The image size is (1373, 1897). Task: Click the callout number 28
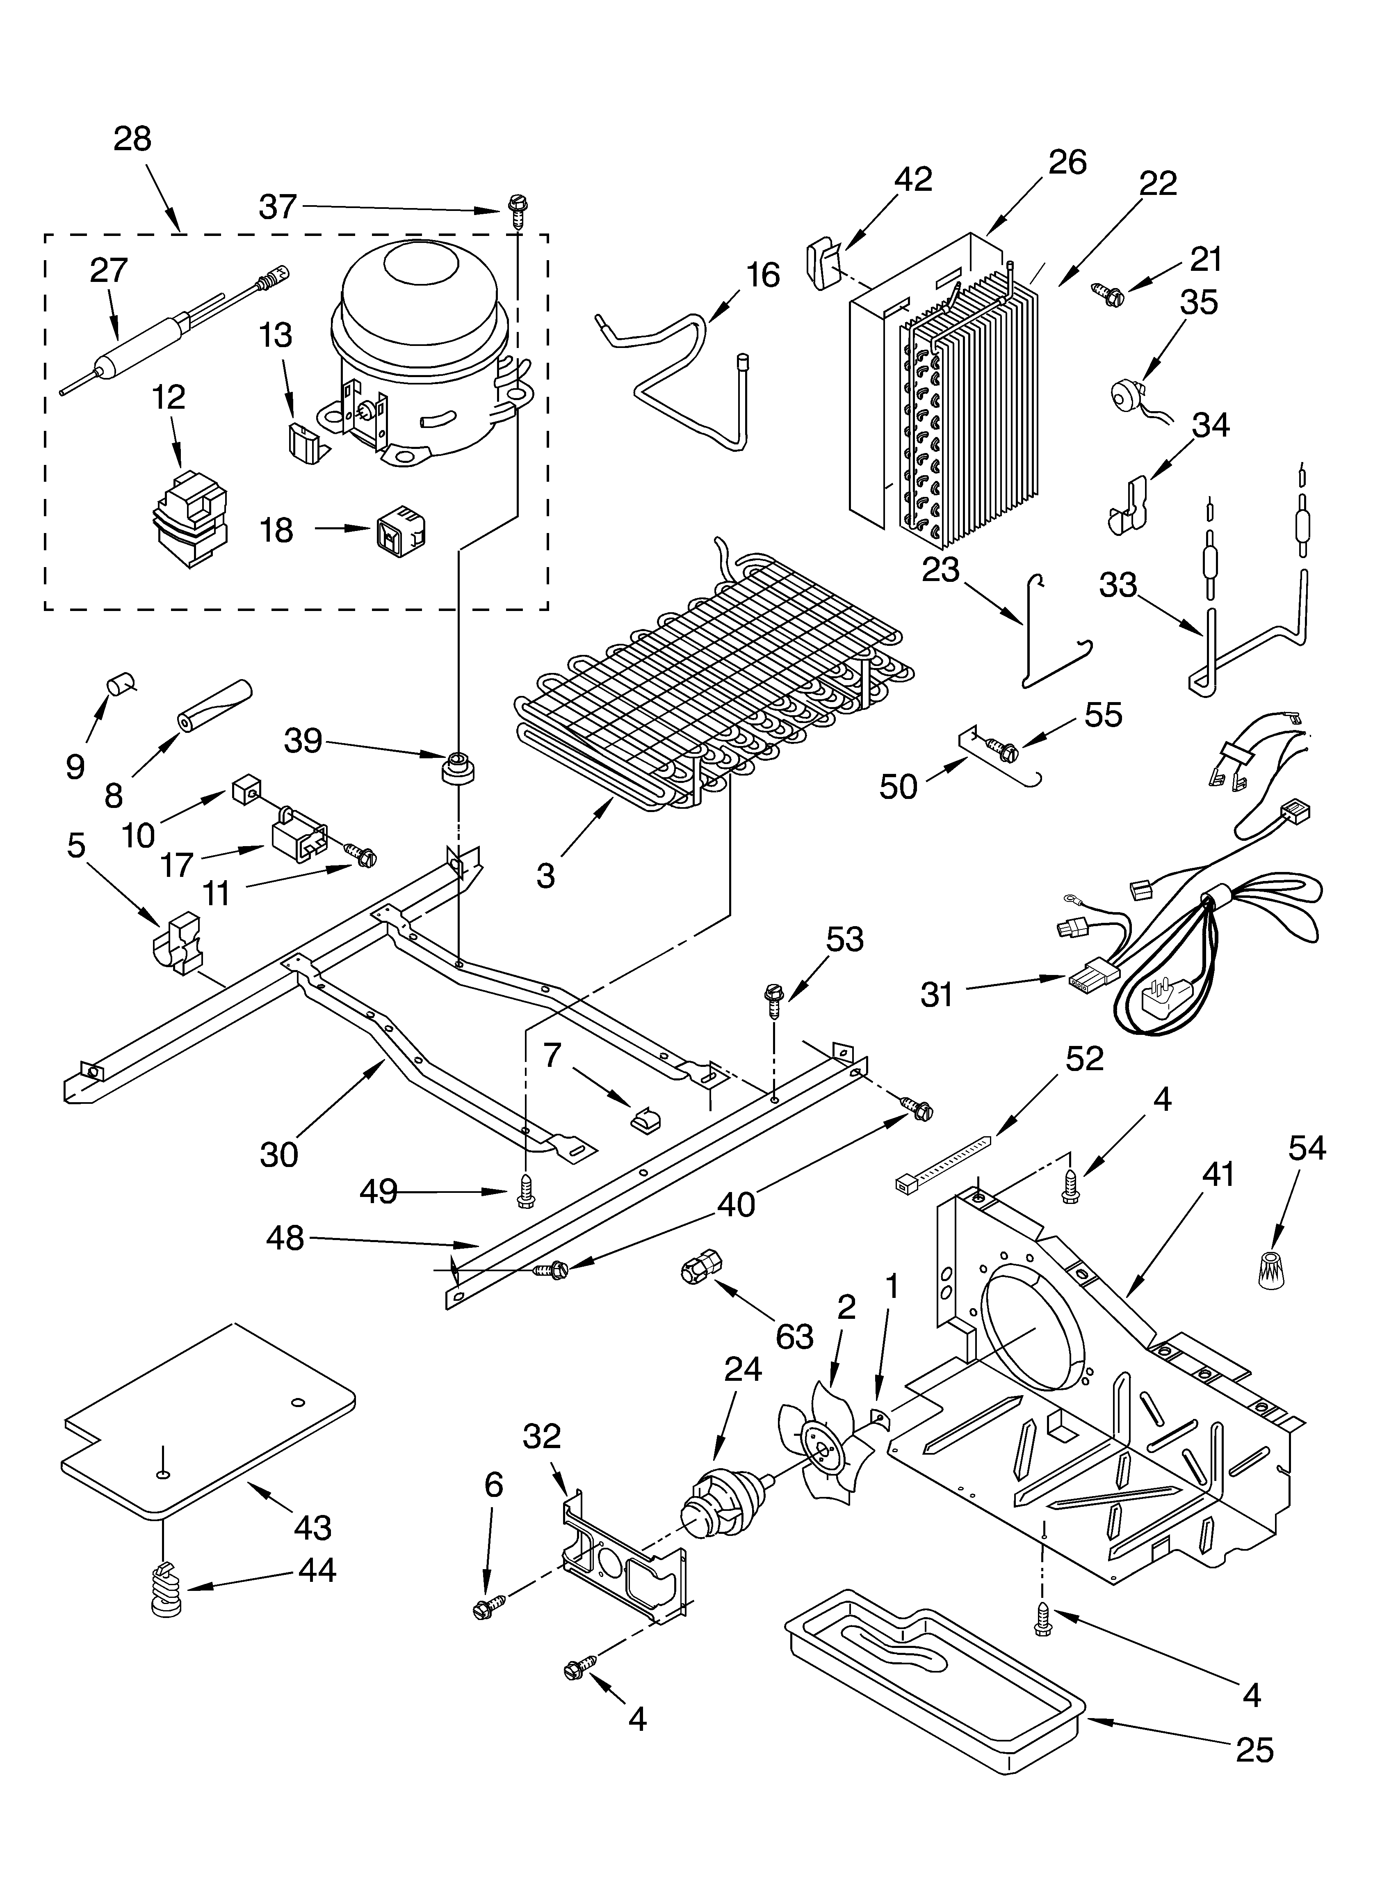[x=132, y=139]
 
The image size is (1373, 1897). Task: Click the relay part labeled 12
[x=191, y=519]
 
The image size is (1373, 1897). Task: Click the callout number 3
[x=545, y=876]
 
